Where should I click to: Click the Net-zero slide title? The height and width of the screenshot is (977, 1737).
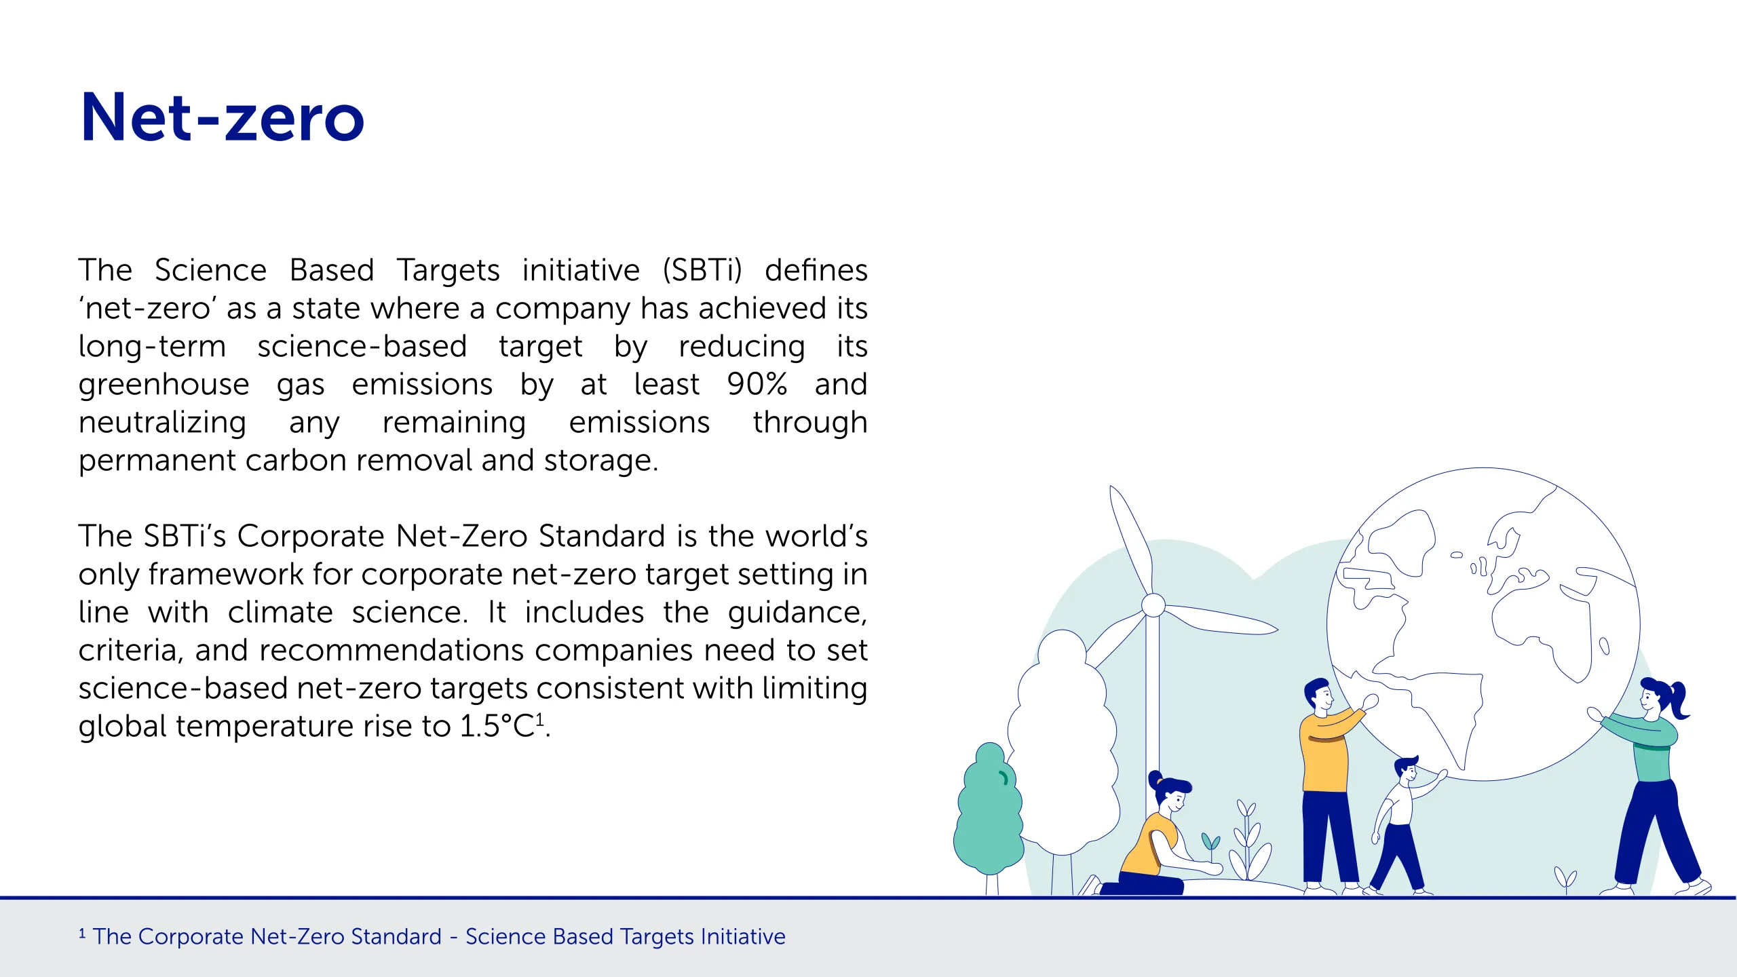click(x=223, y=117)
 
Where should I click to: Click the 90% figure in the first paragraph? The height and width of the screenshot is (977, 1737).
click(x=757, y=384)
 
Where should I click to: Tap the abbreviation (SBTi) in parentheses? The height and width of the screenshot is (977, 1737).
click(x=702, y=270)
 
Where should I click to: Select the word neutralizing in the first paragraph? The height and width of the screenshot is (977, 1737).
click(x=162, y=423)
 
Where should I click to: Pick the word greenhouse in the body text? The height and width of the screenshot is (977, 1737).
click(x=164, y=385)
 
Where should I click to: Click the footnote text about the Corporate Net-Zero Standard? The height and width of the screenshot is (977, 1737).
click(x=432, y=936)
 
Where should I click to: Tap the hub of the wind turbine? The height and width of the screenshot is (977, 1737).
click(x=1153, y=605)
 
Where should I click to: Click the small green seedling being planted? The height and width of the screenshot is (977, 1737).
click(x=1210, y=843)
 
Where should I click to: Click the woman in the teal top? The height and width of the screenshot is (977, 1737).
click(x=1649, y=787)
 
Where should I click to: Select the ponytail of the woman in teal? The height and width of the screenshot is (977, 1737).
click(x=1679, y=699)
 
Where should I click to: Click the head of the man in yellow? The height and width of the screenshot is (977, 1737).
click(x=1318, y=695)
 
